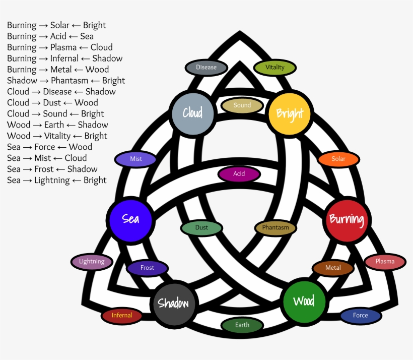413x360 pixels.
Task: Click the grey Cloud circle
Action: pos(192,113)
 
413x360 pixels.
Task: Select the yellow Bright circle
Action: pos(289,113)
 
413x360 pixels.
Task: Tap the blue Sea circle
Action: pos(130,219)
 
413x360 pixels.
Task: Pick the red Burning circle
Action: pos(347,219)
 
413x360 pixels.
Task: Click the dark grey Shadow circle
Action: pos(173,304)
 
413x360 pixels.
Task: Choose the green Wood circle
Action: pos(304,302)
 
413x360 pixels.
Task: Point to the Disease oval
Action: pos(206,67)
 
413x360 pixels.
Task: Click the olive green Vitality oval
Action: pos(275,67)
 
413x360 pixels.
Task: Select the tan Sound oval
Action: pos(242,105)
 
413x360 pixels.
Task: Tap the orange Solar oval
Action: pos(338,159)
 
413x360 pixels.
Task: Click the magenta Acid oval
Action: pos(239,174)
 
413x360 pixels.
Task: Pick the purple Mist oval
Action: pos(136,159)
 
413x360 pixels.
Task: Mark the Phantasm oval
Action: pos(276,227)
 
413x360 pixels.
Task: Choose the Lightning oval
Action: pos(92,261)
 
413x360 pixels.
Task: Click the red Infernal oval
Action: pos(122,316)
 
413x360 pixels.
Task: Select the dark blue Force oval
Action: pos(360,316)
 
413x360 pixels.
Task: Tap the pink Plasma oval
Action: pos(385,261)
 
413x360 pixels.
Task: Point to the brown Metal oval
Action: pos(333,268)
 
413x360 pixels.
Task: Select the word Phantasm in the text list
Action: pos(70,81)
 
